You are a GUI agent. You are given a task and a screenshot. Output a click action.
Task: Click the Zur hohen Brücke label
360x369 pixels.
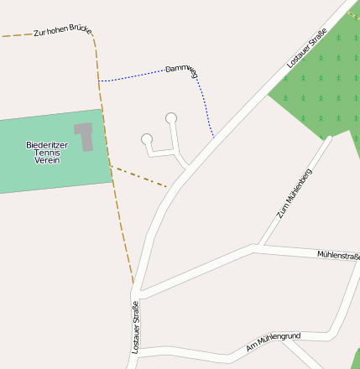tap(62, 31)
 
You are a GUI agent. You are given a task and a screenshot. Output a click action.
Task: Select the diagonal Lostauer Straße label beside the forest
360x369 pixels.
tap(306, 48)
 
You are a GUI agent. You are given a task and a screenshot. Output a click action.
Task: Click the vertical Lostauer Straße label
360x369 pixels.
tap(135, 326)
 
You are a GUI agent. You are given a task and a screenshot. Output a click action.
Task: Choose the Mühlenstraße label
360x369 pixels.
tap(337, 254)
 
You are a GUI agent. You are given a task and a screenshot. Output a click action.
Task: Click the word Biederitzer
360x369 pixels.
tap(47, 144)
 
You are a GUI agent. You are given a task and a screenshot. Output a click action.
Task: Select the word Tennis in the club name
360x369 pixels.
tap(47, 152)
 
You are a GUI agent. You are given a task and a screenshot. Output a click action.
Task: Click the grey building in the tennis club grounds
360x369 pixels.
tap(84, 136)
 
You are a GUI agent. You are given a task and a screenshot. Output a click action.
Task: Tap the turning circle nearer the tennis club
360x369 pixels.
tap(147, 138)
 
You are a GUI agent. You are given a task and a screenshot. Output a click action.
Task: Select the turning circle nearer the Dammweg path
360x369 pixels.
tap(171, 117)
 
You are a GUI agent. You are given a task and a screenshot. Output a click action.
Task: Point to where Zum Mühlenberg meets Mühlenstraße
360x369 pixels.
tap(259, 247)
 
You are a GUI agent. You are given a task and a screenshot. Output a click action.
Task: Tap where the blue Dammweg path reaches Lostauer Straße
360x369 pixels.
tap(213, 138)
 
